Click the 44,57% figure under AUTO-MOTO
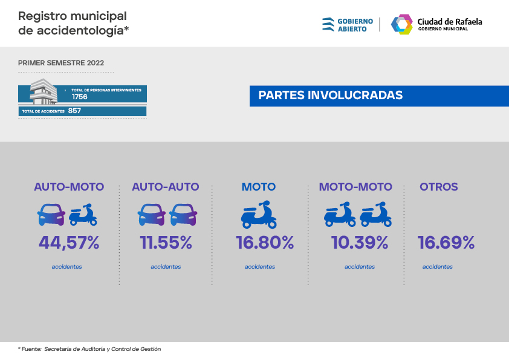click(69, 243)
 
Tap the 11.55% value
click(166, 243)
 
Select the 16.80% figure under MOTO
click(265, 243)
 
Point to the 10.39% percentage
click(360, 243)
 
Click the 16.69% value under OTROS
click(446, 243)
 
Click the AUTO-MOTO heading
click(69, 187)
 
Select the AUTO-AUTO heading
click(166, 187)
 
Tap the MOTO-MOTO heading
click(355, 187)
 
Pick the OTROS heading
click(439, 187)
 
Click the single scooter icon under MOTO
click(259, 215)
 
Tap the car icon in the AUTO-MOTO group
click(51, 215)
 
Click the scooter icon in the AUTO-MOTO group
click(83, 215)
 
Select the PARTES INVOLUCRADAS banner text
click(330, 96)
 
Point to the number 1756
click(80, 97)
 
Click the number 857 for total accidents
click(75, 111)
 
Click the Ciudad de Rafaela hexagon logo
click(401, 24)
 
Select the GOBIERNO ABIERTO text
click(354, 24)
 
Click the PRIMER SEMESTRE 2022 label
click(61, 63)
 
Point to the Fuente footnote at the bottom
click(89, 349)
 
